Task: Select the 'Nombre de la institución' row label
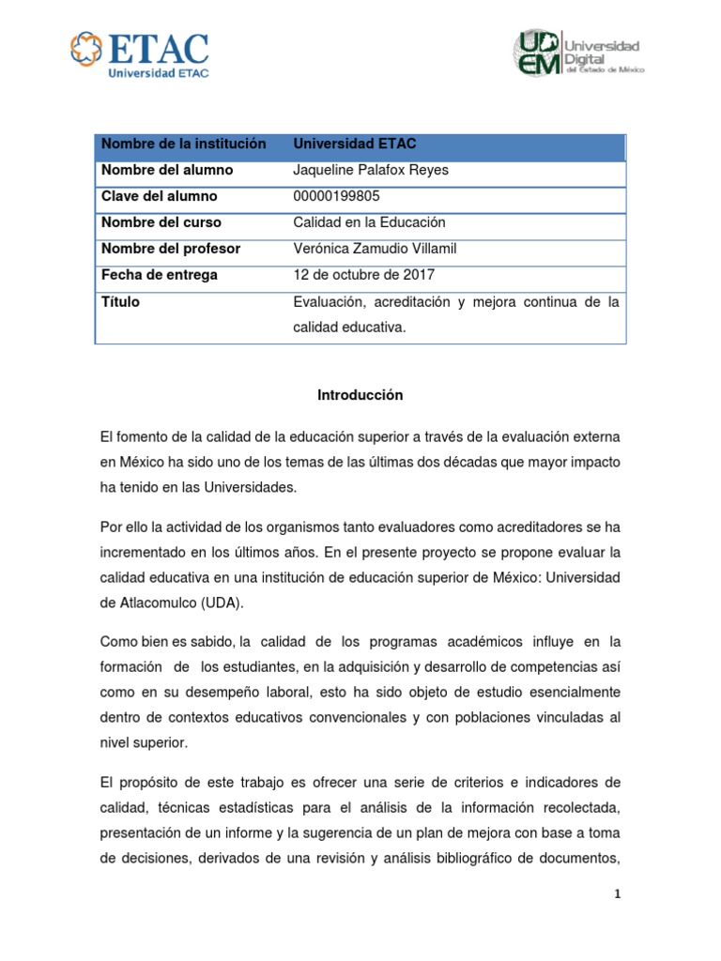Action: pos(184,144)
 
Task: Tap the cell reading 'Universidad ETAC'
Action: pos(355,144)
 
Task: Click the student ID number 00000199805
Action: pos(338,196)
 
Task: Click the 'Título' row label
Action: pos(120,302)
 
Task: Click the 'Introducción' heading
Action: pos(360,395)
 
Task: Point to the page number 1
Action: pos(618,893)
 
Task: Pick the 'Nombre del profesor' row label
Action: pos(171,249)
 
